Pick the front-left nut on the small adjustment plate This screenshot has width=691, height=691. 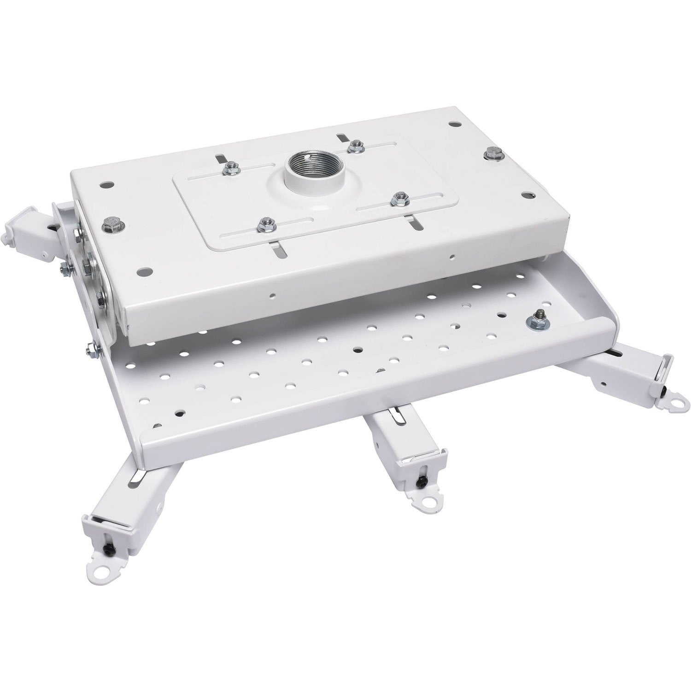tap(264, 224)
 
